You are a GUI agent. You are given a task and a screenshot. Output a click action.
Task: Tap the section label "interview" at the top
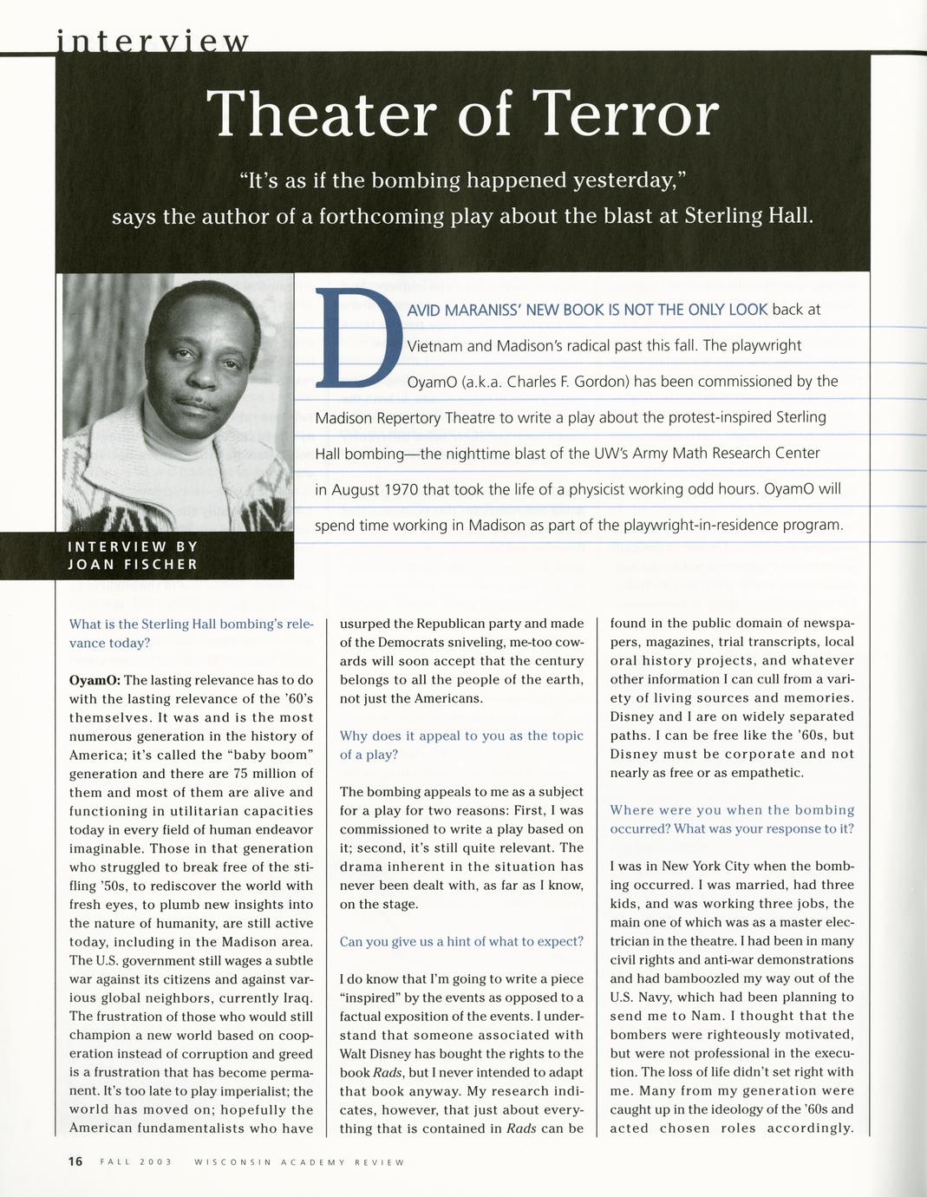click(x=153, y=41)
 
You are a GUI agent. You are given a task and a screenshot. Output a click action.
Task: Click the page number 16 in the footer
click(x=75, y=1161)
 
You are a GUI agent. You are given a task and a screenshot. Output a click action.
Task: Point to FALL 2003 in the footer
click(x=136, y=1162)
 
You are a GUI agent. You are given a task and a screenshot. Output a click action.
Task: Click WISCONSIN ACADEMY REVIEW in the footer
click(x=299, y=1162)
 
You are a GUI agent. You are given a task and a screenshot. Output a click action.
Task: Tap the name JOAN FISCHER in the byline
click(x=133, y=564)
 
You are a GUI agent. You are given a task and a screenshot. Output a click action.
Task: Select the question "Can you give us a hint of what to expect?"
click(x=461, y=941)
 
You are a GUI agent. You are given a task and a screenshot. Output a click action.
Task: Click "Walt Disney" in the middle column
click(x=375, y=1053)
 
